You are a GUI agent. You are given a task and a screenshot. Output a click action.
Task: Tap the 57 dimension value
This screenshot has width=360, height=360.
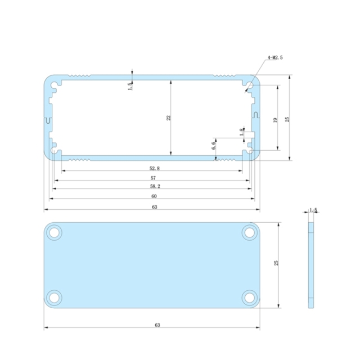[x=154, y=177]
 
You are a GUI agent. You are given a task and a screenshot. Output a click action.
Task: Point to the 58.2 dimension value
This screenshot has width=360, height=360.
[x=154, y=186]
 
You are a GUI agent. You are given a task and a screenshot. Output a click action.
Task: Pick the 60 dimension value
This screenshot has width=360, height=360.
[x=154, y=196]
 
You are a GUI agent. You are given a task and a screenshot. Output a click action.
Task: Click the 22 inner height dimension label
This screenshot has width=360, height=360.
[x=168, y=118]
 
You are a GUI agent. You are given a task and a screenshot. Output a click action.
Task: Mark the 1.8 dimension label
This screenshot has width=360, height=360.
[x=242, y=132]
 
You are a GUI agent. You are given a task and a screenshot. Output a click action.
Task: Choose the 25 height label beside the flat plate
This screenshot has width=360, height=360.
[x=276, y=264]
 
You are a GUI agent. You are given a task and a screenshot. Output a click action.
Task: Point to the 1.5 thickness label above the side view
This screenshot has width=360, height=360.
[x=313, y=210]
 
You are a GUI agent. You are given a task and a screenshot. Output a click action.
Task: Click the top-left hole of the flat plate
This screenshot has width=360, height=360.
[x=55, y=232]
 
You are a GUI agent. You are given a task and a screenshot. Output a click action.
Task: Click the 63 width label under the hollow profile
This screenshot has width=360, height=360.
[x=154, y=207]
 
